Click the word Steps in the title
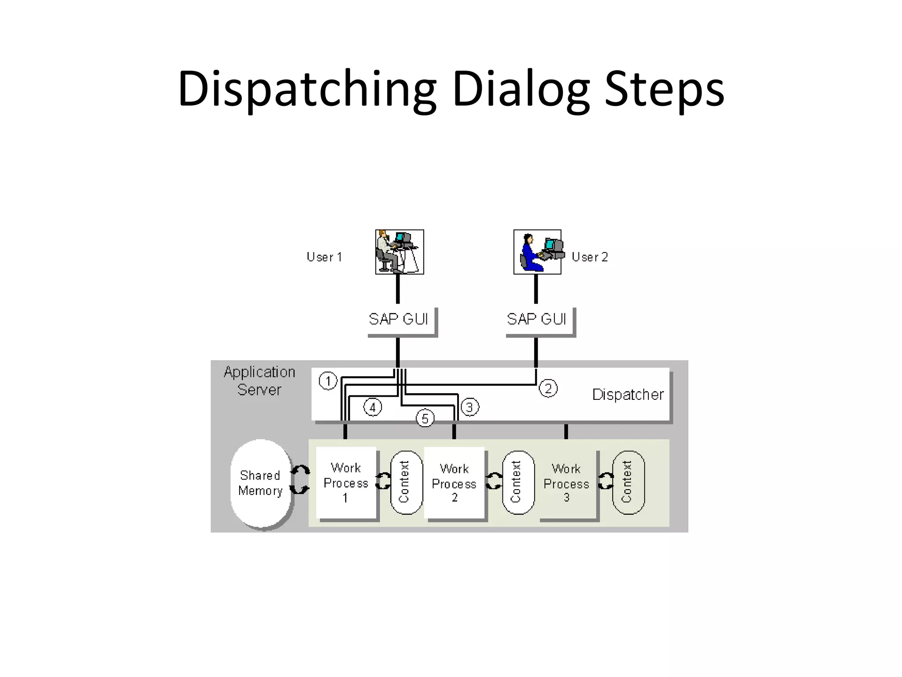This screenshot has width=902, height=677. coord(665,89)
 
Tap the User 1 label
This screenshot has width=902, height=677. coord(324,257)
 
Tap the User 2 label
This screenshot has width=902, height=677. coord(590,257)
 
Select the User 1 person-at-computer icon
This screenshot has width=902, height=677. coord(399,252)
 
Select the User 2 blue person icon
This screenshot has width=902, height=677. coord(537,252)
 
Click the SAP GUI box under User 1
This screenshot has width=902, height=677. coord(399,319)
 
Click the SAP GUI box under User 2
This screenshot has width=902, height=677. coord(537,319)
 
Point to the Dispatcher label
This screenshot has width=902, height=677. coord(628,394)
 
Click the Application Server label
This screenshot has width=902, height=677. coord(259,381)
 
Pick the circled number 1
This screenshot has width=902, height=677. coord(328,381)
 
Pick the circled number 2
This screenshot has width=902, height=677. coord(548,388)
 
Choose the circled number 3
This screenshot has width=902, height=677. coord(469,407)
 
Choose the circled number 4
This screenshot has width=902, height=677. coord(373,407)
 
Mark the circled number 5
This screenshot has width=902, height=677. coord(425,418)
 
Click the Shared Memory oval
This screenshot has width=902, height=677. coord(261,483)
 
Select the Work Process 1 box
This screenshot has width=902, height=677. coord(346,483)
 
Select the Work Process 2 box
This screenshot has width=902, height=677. coord(454,483)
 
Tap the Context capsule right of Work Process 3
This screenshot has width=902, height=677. coord(628,482)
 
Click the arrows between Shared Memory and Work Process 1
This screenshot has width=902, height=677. coord(300,480)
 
